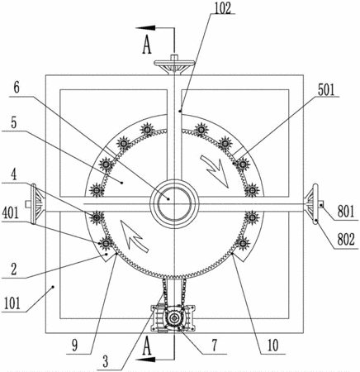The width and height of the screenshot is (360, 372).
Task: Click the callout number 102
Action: point(223,8)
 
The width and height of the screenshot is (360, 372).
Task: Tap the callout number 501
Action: point(326,90)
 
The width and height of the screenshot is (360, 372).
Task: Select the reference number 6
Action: point(17,88)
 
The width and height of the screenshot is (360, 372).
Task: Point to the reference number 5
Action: point(14,123)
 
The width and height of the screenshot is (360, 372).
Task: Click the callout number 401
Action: point(11,212)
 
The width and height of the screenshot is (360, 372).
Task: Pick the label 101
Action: point(12,303)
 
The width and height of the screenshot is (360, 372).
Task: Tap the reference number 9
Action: point(75,346)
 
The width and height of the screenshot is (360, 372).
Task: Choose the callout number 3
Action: point(106,362)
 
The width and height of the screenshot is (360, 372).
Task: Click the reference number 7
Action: point(215,345)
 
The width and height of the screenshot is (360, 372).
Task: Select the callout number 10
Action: point(272,345)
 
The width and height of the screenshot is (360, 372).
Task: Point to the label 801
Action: point(346,212)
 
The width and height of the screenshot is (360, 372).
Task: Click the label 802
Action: point(346,240)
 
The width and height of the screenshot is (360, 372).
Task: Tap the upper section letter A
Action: point(147,46)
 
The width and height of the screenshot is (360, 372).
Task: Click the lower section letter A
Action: point(147,347)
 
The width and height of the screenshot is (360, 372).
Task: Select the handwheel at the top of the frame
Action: point(174,64)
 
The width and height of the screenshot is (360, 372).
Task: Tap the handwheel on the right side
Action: point(314,204)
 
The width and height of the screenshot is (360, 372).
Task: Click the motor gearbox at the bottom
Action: point(173,318)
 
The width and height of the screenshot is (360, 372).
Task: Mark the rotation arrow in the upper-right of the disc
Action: point(216,171)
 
